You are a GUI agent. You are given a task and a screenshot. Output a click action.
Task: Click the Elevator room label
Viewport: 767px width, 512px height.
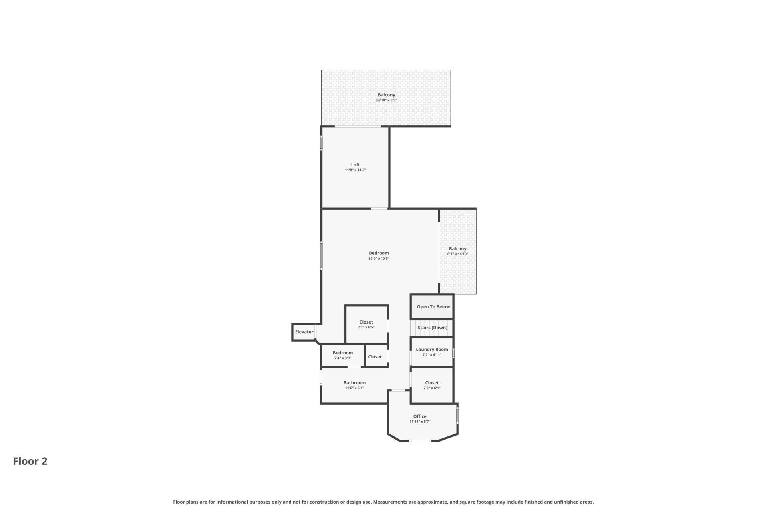(304, 332)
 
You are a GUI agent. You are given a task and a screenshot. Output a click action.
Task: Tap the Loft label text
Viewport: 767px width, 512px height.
(355, 165)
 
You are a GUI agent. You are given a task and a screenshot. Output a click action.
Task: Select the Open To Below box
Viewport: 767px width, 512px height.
(433, 307)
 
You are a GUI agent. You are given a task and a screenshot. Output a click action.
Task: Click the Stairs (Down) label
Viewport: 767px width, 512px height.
(432, 328)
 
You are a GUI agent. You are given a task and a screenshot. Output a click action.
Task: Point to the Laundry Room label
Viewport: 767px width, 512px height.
(432, 349)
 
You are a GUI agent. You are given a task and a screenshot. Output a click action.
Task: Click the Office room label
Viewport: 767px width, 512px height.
(419, 416)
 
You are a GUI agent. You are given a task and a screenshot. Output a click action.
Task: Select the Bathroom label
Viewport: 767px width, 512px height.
(354, 383)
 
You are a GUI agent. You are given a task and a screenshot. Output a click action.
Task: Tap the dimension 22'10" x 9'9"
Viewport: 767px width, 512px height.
(386, 100)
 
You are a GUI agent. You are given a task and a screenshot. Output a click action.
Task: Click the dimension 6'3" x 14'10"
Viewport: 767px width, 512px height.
(457, 254)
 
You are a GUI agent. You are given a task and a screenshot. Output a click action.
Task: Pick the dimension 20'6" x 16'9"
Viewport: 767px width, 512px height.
(378, 258)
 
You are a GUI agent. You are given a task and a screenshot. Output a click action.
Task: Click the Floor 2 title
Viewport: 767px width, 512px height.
(30, 461)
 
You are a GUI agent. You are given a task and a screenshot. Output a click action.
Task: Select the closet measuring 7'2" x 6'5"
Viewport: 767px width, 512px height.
(366, 322)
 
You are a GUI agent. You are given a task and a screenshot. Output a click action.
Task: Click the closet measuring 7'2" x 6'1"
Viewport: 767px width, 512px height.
(432, 383)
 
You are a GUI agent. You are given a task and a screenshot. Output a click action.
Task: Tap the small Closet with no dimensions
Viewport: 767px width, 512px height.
(375, 357)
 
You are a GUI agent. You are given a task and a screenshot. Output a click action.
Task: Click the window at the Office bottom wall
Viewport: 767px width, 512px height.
(420, 441)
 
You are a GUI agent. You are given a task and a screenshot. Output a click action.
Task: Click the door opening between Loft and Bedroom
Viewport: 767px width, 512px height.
(379, 208)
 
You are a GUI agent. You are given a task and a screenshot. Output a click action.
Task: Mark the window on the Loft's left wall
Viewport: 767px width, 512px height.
(322, 144)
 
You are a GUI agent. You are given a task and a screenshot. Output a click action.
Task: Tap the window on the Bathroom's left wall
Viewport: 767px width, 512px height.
(321, 378)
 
